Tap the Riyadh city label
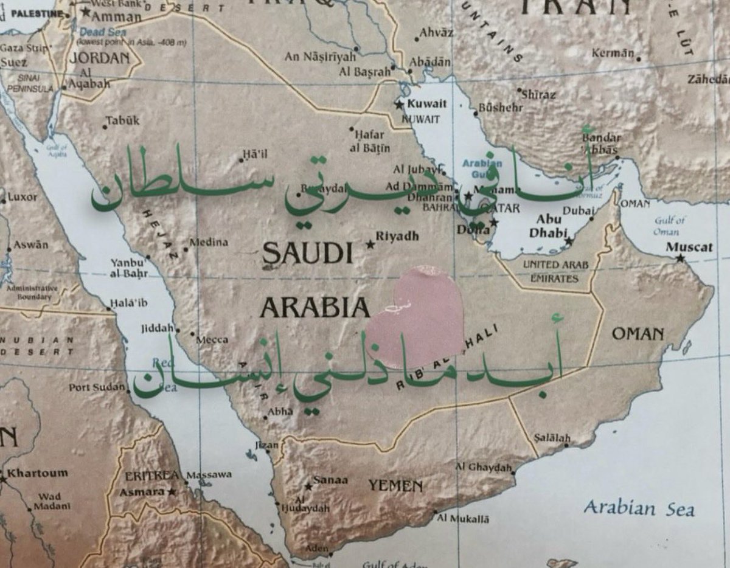[397, 236]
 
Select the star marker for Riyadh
[370, 244]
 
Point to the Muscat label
[689, 247]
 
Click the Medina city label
[209, 242]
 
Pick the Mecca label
[213, 340]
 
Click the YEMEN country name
[395, 485]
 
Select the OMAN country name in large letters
[638, 333]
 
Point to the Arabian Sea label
[639, 508]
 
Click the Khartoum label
[38, 473]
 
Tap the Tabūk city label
[123, 120]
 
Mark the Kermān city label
[613, 53]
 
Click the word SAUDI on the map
[308, 254]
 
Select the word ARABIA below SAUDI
[315, 307]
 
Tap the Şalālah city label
[552, 437]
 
